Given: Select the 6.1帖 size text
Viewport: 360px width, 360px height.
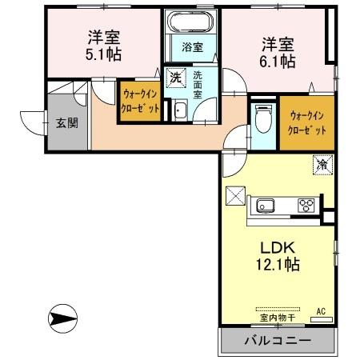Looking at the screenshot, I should coord(275,61).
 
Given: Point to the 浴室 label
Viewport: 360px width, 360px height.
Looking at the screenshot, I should coord(192,47).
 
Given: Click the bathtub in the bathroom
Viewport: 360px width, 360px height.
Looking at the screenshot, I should coord(192,22).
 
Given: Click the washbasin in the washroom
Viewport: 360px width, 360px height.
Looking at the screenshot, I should coord(180,110).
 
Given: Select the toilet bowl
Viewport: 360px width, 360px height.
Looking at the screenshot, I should coord(261,120).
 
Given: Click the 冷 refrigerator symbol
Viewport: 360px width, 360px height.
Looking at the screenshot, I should coord(322,165).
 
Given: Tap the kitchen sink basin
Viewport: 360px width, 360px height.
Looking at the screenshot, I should coord(266,206).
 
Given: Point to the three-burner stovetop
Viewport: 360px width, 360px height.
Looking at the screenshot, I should coord(306,206).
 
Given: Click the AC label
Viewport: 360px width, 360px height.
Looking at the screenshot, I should coord(321,310).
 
